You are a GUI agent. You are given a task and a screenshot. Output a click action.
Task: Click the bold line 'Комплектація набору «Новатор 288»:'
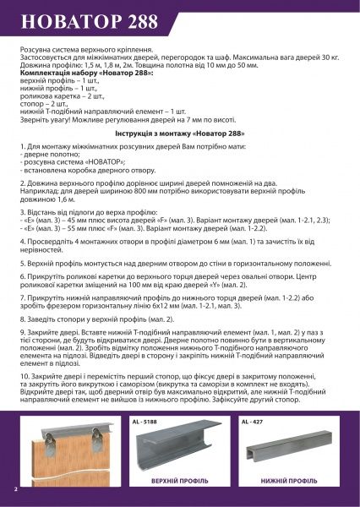(x=75, y=75)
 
